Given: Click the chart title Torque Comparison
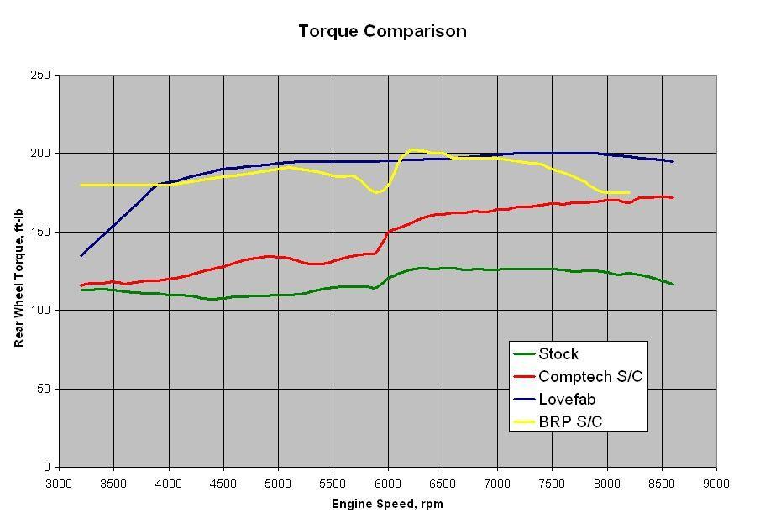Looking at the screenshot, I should (x=382, y=32).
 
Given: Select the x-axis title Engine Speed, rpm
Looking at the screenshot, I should (x=387, y=505).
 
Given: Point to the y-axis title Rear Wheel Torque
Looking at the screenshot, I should (x=18, y=270).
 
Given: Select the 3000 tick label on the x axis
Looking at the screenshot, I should (x=60, y=484).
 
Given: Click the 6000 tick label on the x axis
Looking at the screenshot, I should (x=388, y=484).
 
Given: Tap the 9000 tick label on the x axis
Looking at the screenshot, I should (x=716, y=484).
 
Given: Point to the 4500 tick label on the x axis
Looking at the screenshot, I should (x=223, y=484).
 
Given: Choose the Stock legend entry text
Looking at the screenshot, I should (x=558, y=354).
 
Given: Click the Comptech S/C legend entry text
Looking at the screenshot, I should (x=589, y=377).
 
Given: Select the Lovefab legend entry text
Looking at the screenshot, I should (x=567, y=400).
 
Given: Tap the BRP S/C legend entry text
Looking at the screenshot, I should (x=570, y=422).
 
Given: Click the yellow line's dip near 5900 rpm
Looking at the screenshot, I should (x=377, y=192).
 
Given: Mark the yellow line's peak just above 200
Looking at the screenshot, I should (x=412, y=150).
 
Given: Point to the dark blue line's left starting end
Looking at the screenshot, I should (x=81, y=255).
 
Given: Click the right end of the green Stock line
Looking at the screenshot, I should (x=673, y=284).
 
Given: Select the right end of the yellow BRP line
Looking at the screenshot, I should (x=629, y=193).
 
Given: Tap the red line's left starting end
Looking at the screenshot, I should (x=81, y=285).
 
